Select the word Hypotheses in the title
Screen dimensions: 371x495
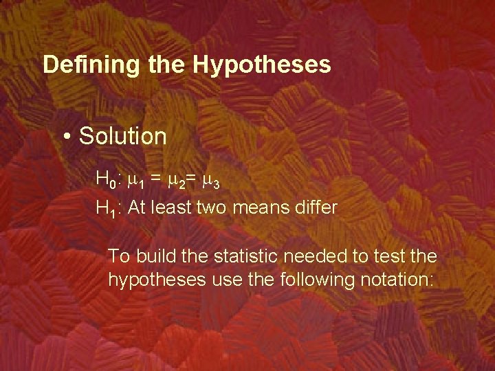pyautogui.click(x=262, y=65)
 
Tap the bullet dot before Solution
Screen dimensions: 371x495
pyautogui.click(x=67, y=137)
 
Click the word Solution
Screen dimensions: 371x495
pyautogui.click(x=123, y=136)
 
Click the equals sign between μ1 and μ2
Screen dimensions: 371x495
pyautogui.click(x=156, y=179)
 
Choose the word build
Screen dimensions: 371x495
pyautogui.click(x=156, y=256)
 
